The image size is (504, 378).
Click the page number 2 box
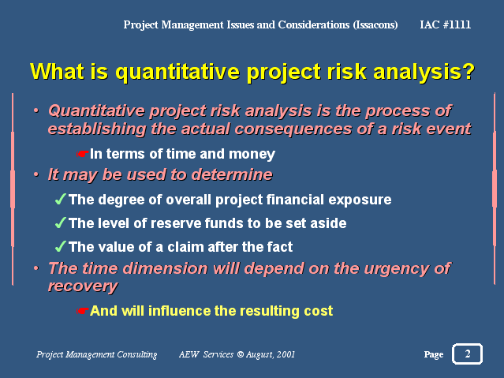pos(467,354)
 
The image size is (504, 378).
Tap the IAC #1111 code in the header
pos(445,24)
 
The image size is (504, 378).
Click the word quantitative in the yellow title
pos(177,72)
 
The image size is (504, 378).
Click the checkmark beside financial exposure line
pos(61,199)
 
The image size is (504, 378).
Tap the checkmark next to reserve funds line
pos(61,223)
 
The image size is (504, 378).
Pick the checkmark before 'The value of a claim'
pos(61,246)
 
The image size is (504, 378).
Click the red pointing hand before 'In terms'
pos(82,154)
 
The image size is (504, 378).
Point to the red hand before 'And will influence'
pos(82,311)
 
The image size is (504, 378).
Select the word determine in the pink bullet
pos(232,174)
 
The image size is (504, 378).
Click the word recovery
pos(83,286)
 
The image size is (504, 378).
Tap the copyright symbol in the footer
pos(240,354)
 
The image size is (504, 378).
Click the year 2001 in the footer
pos(286,354)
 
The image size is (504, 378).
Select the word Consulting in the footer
pos(137,355)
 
